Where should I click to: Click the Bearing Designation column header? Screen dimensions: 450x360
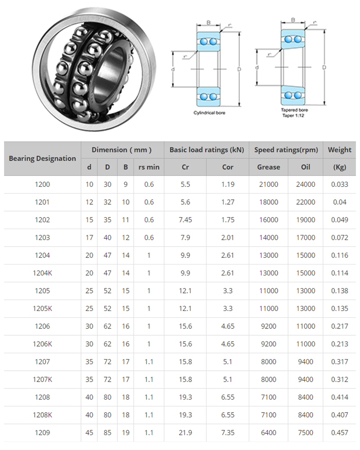click(x=42, y=158)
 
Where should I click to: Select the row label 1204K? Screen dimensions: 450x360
click(x=42, y=273)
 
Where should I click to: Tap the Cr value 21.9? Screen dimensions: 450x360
click(x=185, y=433)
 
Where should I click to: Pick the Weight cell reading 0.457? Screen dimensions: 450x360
click(x=339, y=433)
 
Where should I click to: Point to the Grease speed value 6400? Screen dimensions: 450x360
click(x=268, y=433)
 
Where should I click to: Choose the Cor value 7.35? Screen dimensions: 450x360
click(x=228, y=433)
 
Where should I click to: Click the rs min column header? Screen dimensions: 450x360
click(x=149, y=167)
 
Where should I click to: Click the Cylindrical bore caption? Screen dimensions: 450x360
click(x=209, y=112)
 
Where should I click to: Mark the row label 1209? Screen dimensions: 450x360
click(x=42, y=433)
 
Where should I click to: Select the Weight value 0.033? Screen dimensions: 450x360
click(x=339, y=184)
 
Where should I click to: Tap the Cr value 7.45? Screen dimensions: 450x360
click(x=185, y=220)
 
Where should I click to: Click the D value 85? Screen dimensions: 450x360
click(x=108, y=433)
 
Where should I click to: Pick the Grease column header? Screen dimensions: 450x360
click(x=268, y=167)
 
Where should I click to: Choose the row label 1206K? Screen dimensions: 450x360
click(x=42, y=344)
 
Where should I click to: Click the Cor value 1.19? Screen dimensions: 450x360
click(x=228, y=184)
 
